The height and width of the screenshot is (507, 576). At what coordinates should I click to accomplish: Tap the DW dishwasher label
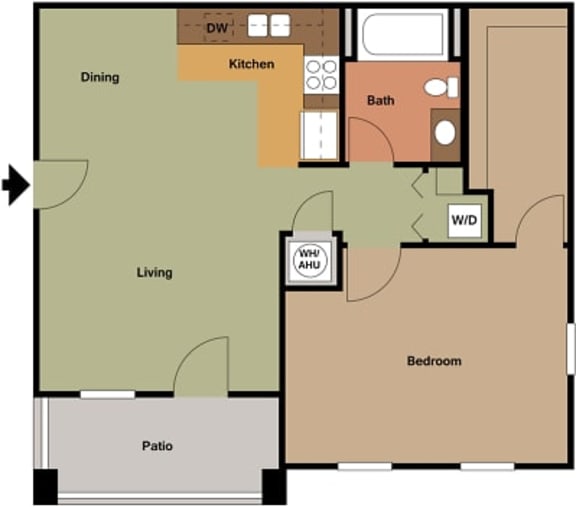(217, 28)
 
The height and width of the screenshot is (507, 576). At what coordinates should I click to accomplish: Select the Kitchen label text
(251, 64)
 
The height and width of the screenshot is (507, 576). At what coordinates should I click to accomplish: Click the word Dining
(100, 77)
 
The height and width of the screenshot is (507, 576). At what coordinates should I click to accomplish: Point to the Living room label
(155, 272)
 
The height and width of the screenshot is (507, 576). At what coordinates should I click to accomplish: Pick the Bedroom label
(434, 361)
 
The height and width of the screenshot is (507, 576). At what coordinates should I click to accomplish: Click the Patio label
(158, 446)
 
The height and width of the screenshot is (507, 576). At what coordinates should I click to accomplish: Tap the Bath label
(380, 100)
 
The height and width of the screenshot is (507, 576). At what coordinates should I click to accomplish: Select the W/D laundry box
(462, 219)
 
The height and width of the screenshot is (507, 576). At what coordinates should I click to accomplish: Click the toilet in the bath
(441, 87)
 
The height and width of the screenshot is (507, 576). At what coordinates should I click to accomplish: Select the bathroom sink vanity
(445, 132)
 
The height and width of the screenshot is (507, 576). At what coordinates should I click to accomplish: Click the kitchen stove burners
(321, 76)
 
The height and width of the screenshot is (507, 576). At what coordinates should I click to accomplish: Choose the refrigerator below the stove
(321, 134)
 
